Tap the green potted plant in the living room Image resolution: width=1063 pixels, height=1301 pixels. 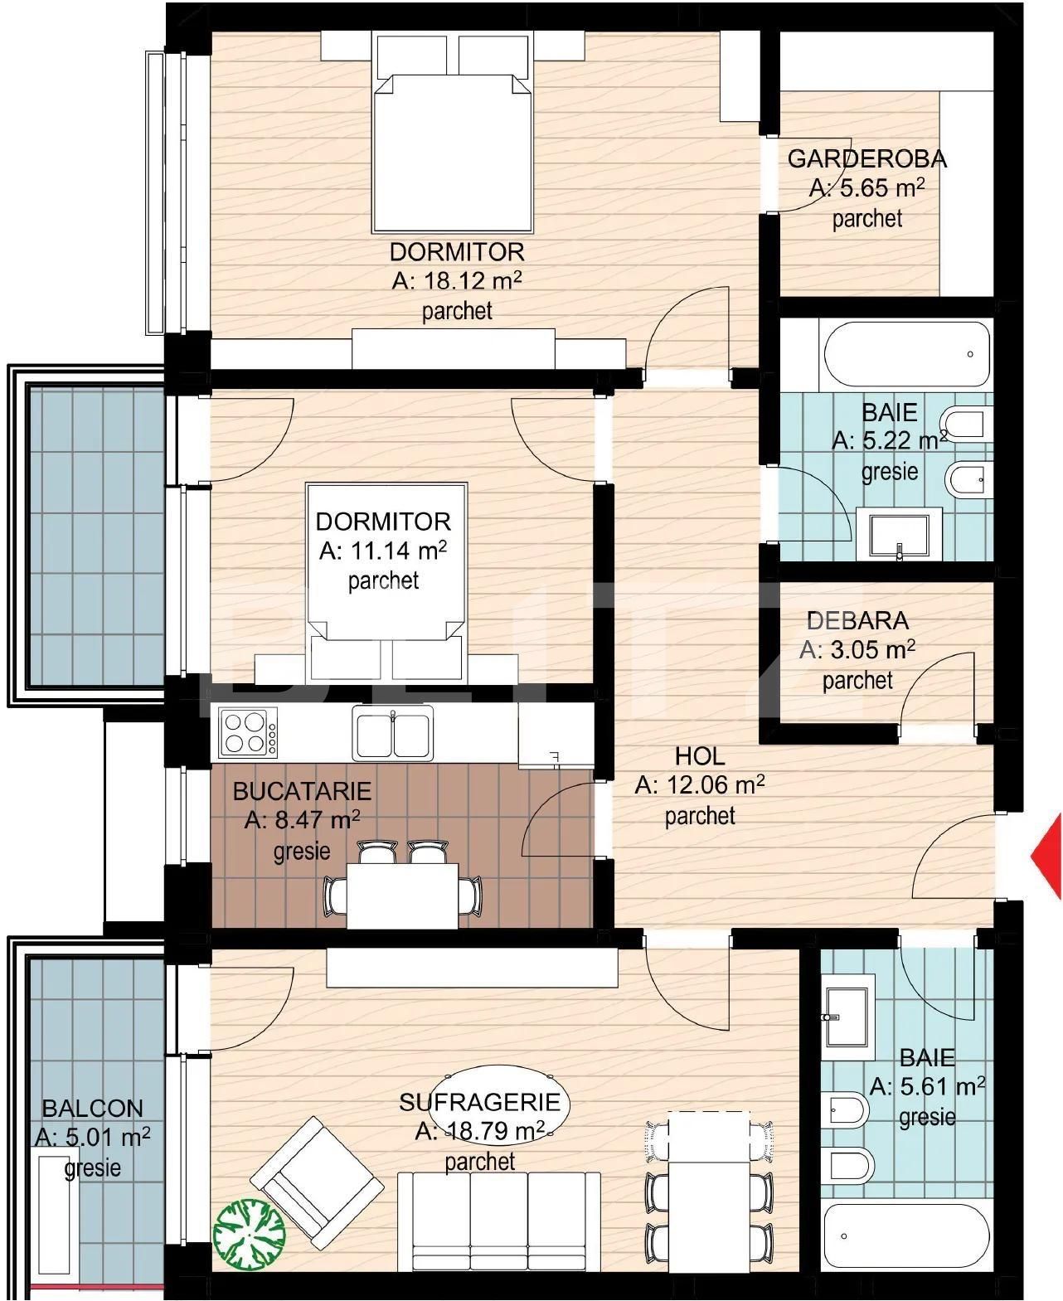(x=250, y=1233)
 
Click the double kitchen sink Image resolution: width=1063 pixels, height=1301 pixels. (x=392, y=734)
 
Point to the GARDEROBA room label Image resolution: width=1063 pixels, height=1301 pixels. (x=866, y=159)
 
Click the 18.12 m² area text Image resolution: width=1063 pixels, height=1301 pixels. (x=457, y=281)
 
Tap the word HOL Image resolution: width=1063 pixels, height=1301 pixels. (x=700, y=756)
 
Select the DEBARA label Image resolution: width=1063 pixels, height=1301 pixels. (x=857, y=620)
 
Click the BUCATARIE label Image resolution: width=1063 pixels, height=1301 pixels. (x=302, y=791)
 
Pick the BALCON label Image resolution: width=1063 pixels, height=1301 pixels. (x=93, y=1109)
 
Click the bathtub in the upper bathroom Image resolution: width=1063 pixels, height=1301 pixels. (x=905, y=355)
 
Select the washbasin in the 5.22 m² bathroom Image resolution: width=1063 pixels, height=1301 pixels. (x=900, y=535)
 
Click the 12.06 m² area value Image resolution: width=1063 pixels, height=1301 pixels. (x=700, y=785)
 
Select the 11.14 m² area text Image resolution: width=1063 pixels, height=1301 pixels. (x=383, y=551)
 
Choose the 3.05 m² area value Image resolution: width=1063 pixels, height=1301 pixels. (x=857, y=649)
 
